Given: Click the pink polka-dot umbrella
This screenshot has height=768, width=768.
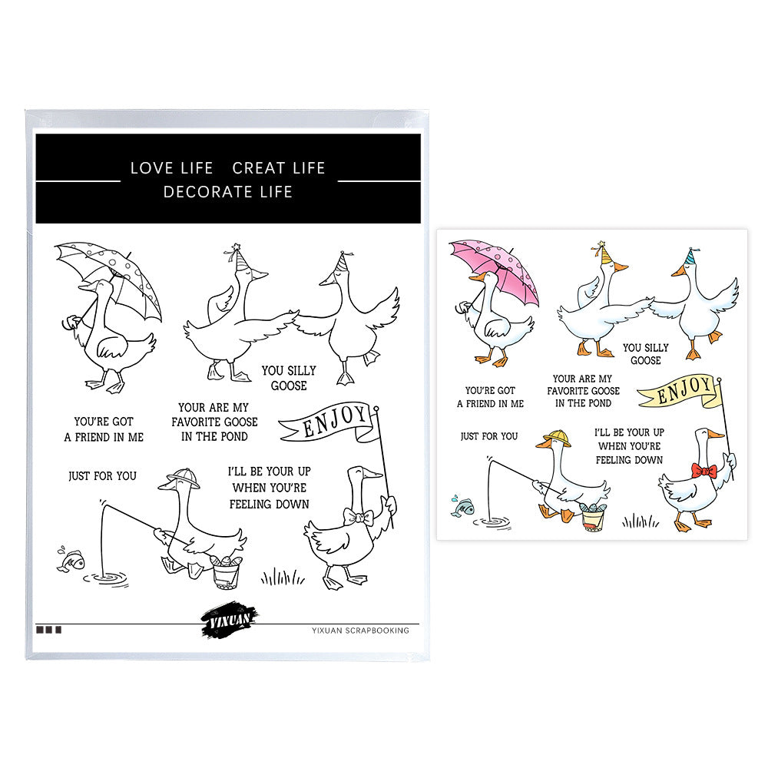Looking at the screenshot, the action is coord(495,267).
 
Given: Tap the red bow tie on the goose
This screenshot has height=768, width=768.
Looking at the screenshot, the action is coord(703,471).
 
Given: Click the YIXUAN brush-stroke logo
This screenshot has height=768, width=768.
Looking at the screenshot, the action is coord(229,620).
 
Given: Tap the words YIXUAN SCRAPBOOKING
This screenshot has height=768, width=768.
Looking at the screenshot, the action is coord(360,631).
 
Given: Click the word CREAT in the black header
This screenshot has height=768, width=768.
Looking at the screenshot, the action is coord(259,168).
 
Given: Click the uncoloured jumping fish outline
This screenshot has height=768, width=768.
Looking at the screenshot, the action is coord(71,559).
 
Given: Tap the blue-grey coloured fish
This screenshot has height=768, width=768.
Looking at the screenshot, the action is coord(462,506).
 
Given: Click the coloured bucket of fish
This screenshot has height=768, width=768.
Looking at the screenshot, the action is coord(593,517).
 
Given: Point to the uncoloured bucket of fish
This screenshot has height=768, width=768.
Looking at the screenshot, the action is coord(227,572).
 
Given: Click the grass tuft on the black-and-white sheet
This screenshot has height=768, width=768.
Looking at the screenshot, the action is coord(283,577).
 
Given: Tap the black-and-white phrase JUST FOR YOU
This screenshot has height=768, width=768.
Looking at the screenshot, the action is coord(102,475).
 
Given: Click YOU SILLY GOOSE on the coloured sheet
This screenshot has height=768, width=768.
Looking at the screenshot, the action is coord(646,354).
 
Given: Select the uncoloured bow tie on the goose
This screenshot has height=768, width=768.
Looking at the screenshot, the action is coord(358,517).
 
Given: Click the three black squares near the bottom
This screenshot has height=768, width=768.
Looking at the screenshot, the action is coord(48,630).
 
